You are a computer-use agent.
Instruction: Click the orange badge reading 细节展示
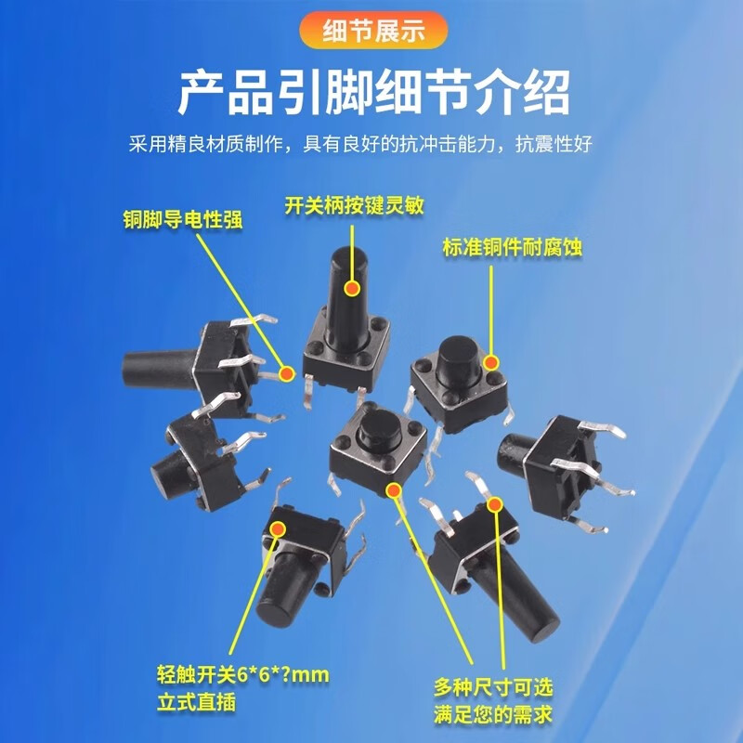click(371, 32)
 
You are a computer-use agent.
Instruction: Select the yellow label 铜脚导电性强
click(184, 221)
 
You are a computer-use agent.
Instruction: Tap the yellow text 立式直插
click(196, 702)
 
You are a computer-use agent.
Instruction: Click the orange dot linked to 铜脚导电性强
click(286, 374)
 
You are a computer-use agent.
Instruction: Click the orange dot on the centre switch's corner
click(394, 490)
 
